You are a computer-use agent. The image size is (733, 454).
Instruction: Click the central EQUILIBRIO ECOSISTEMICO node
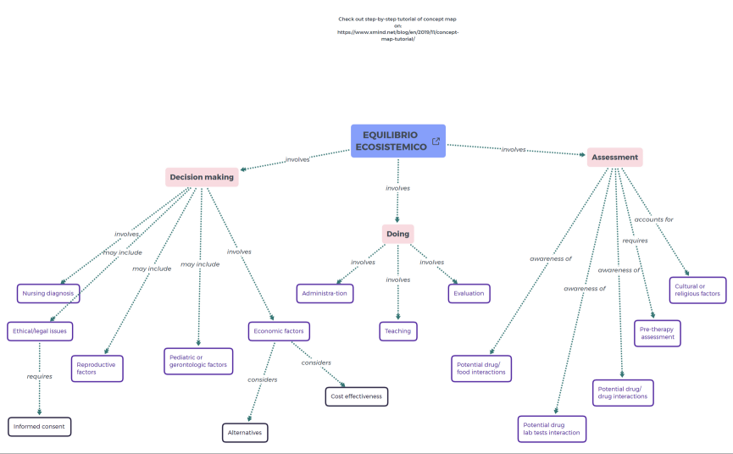[391, 141]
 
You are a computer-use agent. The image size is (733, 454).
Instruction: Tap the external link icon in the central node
[436, 141]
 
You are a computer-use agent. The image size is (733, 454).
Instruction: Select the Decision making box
[202, 177]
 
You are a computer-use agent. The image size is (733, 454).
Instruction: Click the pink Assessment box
[614, 158]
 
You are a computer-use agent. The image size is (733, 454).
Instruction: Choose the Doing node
[397, 234]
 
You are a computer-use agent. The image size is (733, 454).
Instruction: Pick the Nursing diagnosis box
[48, 293]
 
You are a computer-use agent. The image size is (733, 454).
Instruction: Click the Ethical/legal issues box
[40, 330]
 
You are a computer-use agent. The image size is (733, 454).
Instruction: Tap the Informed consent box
[40, 426]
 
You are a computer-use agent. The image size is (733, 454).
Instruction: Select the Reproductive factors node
[97, 368]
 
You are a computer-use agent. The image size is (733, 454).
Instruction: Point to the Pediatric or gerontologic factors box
[198, 361]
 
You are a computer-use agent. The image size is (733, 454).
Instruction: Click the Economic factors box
[280, 330]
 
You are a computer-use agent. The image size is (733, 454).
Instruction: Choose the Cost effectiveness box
[356, 396]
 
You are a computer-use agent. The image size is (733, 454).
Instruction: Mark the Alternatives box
[245, 432]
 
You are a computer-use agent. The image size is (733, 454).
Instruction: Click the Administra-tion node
[325, 293]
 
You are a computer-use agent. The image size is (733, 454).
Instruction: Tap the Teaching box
[397, 331]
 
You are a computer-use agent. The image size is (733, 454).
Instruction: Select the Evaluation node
[469, 293]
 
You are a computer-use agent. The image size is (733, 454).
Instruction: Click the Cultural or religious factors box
[697, 290]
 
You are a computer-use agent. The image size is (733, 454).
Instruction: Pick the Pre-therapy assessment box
[657, 333]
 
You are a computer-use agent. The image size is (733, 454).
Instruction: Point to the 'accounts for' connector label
[653, 219]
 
